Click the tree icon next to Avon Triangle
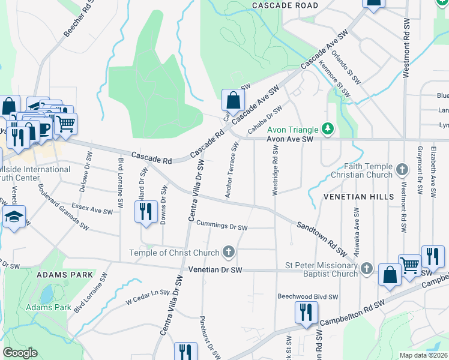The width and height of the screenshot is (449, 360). click(x=328, y=128)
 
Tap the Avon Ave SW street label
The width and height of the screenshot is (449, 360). click(x=291, y=139)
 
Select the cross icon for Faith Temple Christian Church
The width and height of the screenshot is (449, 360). click(x=404, y=170)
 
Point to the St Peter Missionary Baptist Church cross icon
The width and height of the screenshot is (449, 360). click(x=366, y=270)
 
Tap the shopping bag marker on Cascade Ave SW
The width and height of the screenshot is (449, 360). click(x=233, y=100)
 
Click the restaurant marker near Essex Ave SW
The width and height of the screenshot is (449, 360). click(x=145, y=212)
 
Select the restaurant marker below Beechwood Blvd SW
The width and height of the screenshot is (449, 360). click(x=306, y=313)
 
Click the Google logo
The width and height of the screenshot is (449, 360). click(x=19, y=353)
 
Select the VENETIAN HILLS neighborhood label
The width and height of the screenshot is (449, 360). click(x=359, y=197)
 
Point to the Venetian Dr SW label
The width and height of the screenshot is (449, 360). click(x=215, y=271)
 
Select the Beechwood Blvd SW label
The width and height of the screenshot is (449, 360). click(x=307, y=296)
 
